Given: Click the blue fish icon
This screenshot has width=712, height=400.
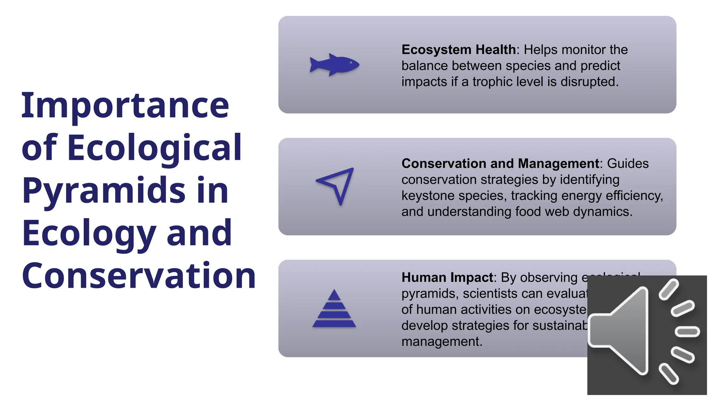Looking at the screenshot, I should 334,65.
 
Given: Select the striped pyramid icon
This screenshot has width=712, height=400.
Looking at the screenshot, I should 334,309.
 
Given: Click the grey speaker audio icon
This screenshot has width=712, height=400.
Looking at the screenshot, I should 647,335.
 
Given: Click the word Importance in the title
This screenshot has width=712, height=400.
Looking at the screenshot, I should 125,105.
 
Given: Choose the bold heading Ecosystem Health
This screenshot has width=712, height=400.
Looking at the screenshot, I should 459,50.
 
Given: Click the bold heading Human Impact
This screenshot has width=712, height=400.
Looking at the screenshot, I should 447,277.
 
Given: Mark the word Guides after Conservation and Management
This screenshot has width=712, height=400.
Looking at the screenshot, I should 628,164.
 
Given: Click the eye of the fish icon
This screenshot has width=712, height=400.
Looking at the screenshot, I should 351,62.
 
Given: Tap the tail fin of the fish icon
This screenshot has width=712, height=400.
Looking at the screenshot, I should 315,65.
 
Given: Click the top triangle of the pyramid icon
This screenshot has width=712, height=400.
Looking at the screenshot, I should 334,295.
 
